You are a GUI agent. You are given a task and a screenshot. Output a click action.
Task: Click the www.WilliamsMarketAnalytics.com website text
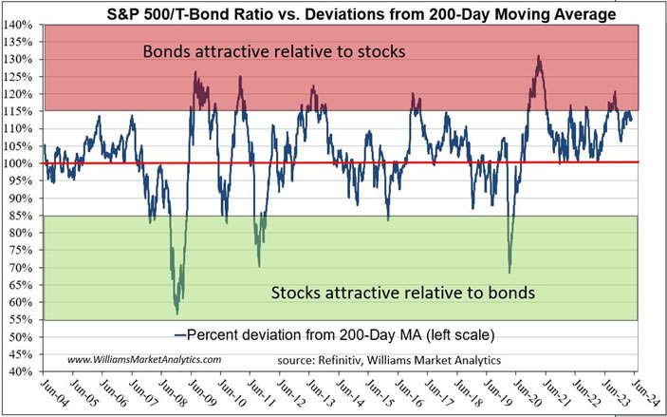pyautogui.click(x=144, y=359)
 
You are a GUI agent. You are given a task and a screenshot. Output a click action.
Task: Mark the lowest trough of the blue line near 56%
pyautogui.click(x=176, y=313)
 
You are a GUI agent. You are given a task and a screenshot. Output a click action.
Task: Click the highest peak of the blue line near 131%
pyautogui.click(x=539, y=56)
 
